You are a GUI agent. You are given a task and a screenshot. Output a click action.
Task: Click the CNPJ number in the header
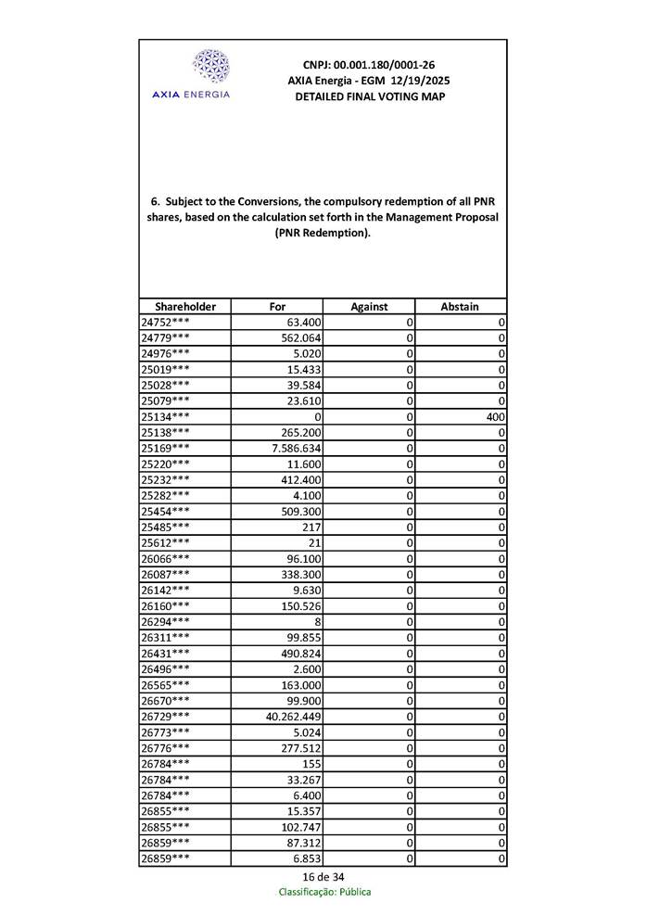coord(368,65)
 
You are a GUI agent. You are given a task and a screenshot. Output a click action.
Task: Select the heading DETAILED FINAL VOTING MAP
coord(369,96)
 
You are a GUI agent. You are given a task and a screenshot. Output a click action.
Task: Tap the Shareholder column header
coord(185,307)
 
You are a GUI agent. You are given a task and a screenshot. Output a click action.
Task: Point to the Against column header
coord(369,307)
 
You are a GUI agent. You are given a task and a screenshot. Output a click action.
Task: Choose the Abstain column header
coord(460,307)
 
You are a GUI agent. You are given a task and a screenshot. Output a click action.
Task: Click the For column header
coord(277,307)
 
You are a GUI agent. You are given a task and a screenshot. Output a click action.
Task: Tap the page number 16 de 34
coord(323,877)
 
